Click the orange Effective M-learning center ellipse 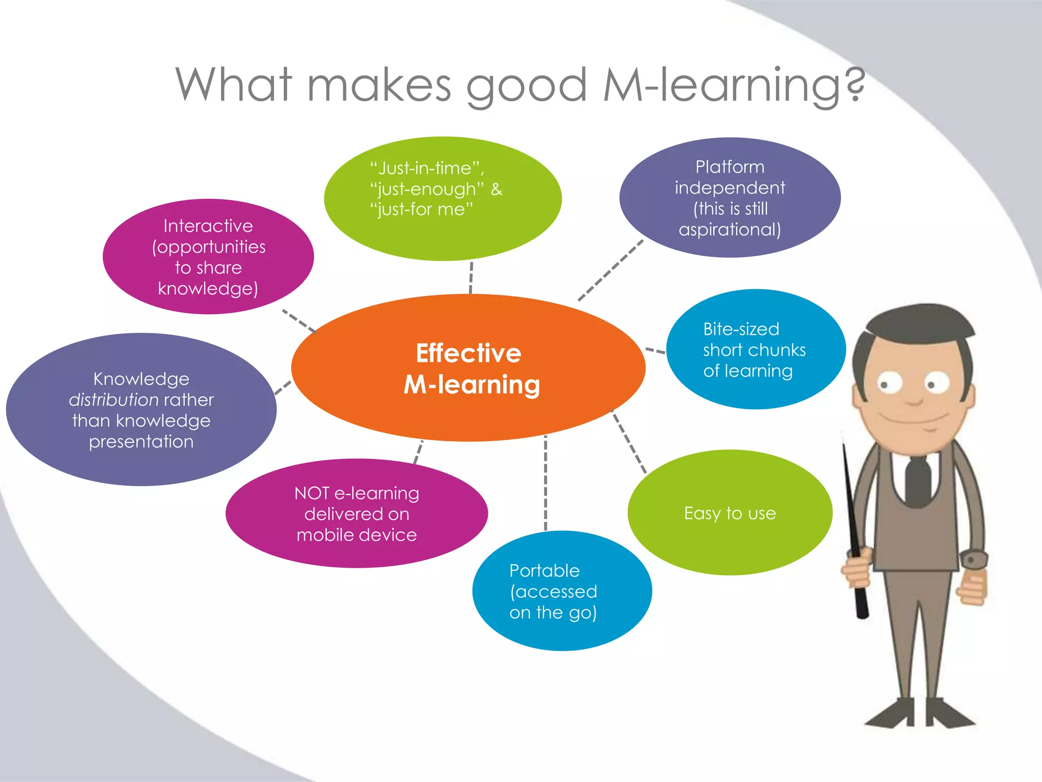tap(468, 368)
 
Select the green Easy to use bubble tap(730, 513)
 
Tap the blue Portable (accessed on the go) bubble tap(562, 591)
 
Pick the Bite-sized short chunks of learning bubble tap(756, 349)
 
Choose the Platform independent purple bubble tap(730, 198)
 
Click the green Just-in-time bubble tap(443, 199)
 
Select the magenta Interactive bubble tap(208, 257)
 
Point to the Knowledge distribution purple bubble tap(141, 410)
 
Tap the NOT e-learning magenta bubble tap(356, 513)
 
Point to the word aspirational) tap(730, 230)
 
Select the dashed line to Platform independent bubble tap(611, 270)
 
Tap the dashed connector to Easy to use tap(629, 442)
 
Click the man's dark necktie tap(918, 481)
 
